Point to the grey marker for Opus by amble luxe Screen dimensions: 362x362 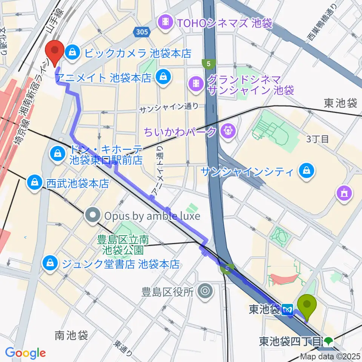[93, 216]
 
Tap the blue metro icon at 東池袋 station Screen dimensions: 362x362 [288, 309]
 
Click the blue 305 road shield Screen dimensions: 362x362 [141, 33]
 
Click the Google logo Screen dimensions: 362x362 [25, 353]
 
